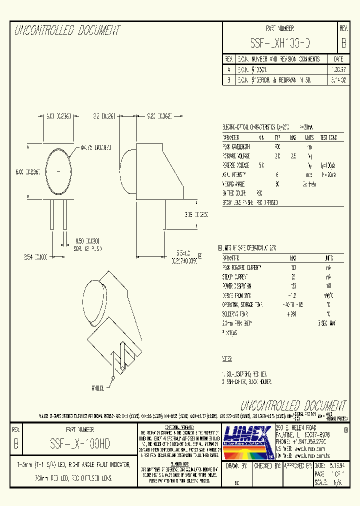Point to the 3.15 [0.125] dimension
pyautogui.click(x=182, y=215)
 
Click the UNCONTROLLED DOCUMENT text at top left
pyautogui.click(x=67, y=31)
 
